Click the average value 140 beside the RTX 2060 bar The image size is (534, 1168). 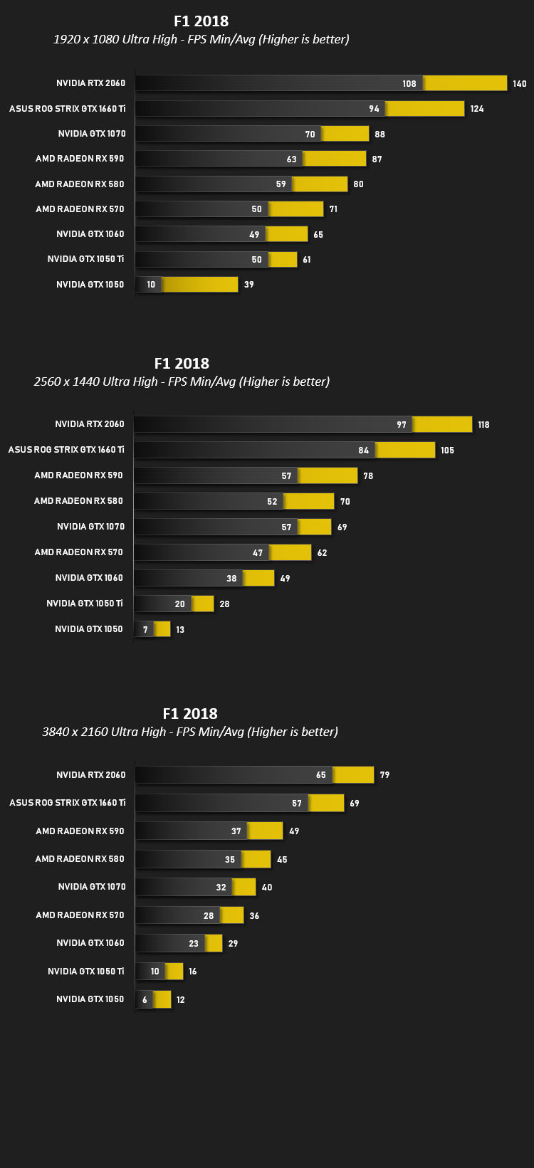(x=519, y=83)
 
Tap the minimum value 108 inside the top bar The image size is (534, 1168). (x=409, y=83)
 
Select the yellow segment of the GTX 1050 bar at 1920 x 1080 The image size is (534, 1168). (x=200, y=284)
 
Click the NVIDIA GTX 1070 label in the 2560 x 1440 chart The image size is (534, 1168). (x=90, y=527)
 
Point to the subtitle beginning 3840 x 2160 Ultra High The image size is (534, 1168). (x=190, y=732)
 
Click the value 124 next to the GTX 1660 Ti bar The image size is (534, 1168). (x=477, y=108)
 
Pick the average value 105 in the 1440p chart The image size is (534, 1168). (x=447, y=450)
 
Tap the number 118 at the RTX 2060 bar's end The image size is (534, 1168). (x=484, y=424)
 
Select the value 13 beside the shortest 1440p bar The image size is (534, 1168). (x=180, y=629)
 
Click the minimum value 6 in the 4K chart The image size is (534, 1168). (x=145, y=999)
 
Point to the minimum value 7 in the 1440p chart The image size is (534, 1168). (x=145, y=629)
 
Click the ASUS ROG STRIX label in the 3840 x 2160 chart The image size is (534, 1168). (x=67, y=802)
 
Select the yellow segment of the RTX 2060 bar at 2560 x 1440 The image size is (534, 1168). (x=442, y=424)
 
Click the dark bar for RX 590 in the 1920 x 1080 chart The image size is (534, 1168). (x=219, y=159)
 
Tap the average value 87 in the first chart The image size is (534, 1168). (x=377, y=159)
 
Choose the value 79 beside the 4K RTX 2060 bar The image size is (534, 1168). (x=385, y=775)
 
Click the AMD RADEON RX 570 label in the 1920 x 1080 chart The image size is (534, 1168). (x=80, y=209)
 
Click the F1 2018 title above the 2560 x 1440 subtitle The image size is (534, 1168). (x=182, y=363)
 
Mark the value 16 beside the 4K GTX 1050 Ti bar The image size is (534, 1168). (x=193, y=972)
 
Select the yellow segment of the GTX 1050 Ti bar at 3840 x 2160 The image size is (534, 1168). (x=174, y=971)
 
